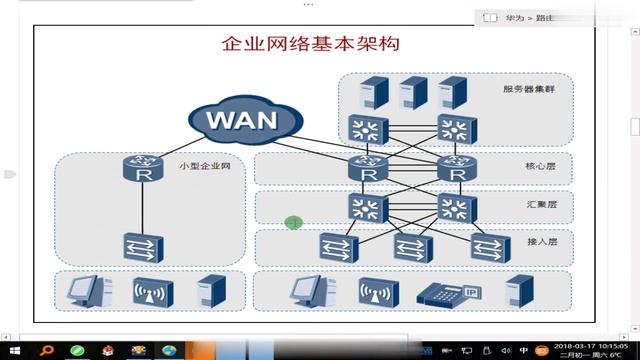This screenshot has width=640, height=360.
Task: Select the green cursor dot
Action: pyautogui.click(x=293, y=222)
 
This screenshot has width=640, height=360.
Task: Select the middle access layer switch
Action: pyautogui.click(x=411, y=246)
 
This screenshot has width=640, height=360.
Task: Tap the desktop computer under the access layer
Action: pyautogui.click(x=304, y=291)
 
